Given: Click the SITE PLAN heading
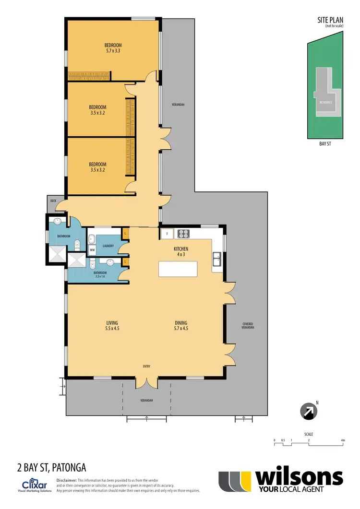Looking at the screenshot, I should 330,20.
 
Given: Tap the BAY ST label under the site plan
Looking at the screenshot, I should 326,143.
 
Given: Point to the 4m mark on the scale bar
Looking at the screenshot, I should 343,440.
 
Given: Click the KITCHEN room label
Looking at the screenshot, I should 181,249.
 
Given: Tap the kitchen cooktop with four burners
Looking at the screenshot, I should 184,234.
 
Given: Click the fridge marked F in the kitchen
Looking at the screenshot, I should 167,234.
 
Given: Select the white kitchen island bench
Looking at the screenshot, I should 178,269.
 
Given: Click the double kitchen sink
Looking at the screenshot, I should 217,259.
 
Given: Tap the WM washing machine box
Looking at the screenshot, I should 93,250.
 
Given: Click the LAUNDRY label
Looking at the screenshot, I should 108,246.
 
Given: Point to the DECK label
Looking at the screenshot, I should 53,201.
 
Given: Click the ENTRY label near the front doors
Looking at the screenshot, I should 146,367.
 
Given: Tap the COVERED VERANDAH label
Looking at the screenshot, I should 247,325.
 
